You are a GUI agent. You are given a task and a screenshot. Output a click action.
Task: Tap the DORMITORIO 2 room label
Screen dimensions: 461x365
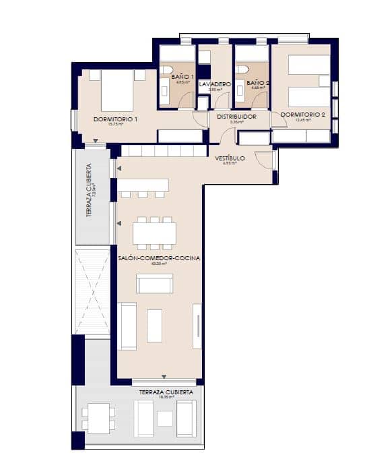click(x=303, y=115)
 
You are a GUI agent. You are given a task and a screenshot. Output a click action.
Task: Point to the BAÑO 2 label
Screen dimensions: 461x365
click(x=258, y=83)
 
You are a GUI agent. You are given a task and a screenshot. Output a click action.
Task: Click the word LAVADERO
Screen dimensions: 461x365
click(x=215, y=84)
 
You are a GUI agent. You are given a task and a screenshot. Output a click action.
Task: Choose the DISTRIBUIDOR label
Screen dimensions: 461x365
click(x=236, y=117)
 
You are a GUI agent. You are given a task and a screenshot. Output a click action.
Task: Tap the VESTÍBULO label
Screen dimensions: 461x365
click(x=230, y=158)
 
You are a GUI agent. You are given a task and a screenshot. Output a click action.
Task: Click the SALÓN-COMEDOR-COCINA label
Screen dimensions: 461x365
click(x=158, y=258)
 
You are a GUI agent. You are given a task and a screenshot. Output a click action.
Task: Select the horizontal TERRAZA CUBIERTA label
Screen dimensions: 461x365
click(x=166, y=392)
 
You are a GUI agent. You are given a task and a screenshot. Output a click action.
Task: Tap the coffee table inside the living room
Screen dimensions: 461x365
click(x=154, y=326)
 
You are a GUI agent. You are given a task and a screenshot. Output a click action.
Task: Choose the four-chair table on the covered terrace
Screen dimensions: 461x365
click(x=98, y=418)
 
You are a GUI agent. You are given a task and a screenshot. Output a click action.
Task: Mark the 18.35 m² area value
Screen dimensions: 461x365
click(x=166, y=398)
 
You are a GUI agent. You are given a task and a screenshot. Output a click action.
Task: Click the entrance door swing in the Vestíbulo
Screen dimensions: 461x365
click(x=265, y=160)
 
